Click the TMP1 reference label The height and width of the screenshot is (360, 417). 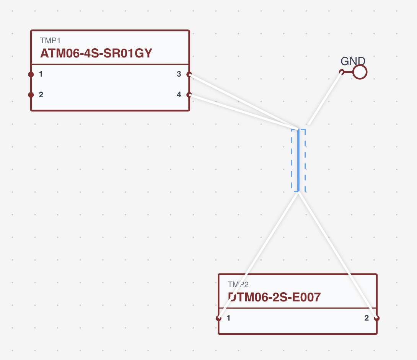(50, 41)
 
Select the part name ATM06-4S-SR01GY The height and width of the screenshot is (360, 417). (96, 53)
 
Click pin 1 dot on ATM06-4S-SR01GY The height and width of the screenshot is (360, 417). (31, 74)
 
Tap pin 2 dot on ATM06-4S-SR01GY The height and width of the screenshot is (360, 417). (31, 95)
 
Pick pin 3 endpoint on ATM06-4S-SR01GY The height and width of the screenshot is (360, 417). (189, 74)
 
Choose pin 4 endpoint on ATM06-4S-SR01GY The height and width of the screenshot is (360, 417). (189, 95)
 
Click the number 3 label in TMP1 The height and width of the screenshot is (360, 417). (179, 74)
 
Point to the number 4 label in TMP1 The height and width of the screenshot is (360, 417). (179, 95)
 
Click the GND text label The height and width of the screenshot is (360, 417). (353, 61)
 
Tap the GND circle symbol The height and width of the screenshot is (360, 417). (360, 72)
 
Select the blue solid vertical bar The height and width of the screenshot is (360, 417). (298, 160)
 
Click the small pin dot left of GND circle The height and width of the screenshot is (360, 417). (342, 72)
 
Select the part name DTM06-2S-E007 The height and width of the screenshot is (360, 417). (274, 297)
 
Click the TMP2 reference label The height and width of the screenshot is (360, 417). (238, 285)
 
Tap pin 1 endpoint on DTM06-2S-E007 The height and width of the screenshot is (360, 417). (218, 318)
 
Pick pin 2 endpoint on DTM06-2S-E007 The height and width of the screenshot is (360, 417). (376, 318)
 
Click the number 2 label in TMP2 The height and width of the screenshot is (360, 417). (367, 318)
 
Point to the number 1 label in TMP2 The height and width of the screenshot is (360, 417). (228, 318)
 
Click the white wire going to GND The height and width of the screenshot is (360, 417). (325, 98)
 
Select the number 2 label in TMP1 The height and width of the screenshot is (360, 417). (41, 95)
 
